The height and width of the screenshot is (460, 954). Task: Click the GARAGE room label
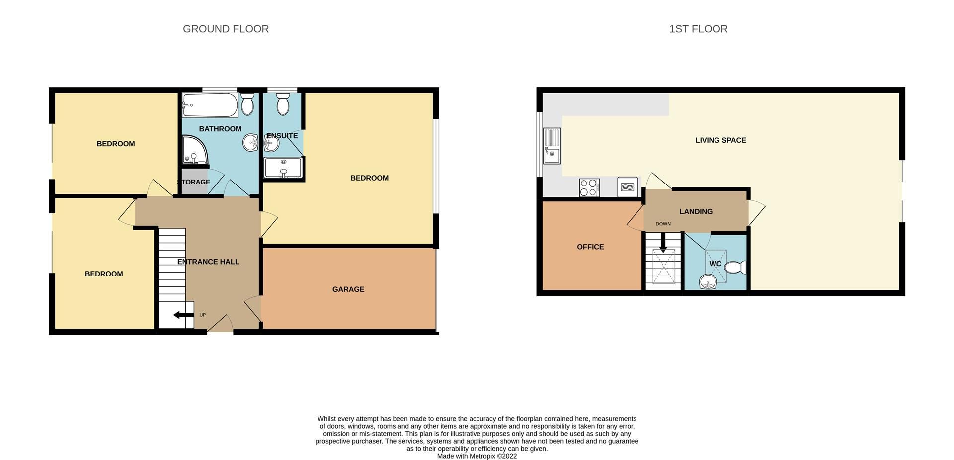point(348,289)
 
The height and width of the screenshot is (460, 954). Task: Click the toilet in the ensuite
point(283,105)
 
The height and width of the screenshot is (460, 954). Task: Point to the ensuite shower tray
point(283,168)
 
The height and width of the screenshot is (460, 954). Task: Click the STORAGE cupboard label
point(194,182)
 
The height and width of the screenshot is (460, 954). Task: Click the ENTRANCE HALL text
point(208,262)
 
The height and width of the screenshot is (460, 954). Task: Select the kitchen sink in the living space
point(552,146)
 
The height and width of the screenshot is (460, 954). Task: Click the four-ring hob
point(589,188)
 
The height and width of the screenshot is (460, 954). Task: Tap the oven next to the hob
point(628,187)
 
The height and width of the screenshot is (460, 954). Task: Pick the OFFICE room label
point(590,247)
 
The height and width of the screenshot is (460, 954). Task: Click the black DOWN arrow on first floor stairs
point(663,243)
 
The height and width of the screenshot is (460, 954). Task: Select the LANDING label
point(696,212)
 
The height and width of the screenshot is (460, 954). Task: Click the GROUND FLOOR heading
point(226,29)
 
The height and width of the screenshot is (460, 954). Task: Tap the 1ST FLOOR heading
point(698,29)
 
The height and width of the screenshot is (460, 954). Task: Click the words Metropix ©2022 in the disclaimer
point(493,456)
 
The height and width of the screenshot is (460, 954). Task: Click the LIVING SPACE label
point(720,140)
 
